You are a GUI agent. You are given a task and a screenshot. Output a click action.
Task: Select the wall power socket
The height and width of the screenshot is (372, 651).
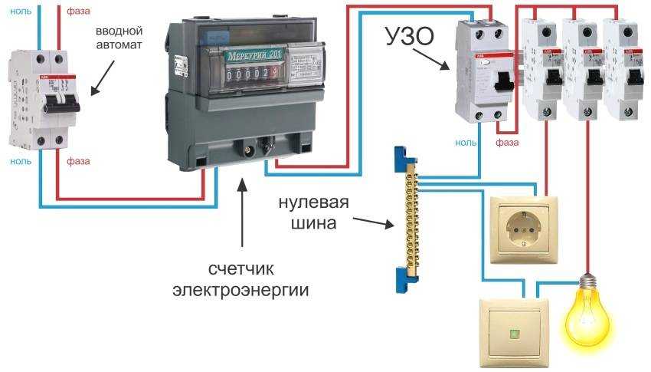click(x=527, y=227)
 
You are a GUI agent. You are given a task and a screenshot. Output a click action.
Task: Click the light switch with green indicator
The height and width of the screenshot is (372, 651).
click(x=514, y=332)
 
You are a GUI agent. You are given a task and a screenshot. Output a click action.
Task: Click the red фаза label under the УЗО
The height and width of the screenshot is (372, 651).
click(x=507, y=143)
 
